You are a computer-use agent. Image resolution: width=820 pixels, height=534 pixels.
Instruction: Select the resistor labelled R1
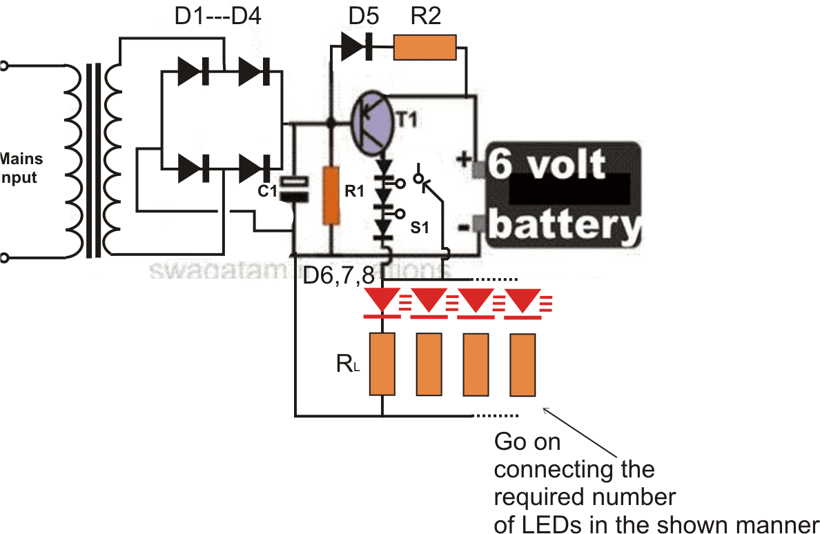click(331, 195)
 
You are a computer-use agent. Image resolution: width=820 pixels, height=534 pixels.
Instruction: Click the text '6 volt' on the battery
click(549, 166)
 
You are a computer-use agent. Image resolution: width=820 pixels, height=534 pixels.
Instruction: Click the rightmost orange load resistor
click(523, 364)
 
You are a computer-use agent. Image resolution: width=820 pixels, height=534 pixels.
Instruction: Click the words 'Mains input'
click(19, 168)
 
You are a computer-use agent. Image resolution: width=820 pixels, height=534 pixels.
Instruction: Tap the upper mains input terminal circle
click(4, 66)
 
